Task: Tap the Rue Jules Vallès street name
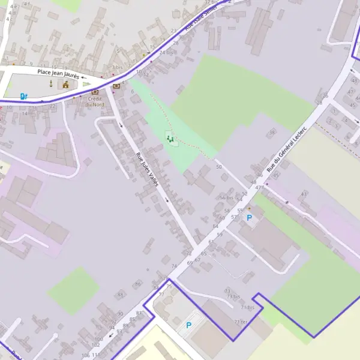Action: (147, 169)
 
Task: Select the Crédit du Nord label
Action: (95, 101)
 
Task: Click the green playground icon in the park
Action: (170, 139)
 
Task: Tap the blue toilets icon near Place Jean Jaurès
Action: (24, 95)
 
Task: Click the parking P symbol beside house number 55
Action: (250, 217)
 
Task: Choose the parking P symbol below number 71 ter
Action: (189, 325)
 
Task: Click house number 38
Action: (272, 133)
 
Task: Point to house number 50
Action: (219, 166)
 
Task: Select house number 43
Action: (304, 194)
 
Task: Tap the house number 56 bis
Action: (226, 197)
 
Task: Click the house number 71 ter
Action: (240, 322)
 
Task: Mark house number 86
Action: (138, 284)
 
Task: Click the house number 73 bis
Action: (233, 297)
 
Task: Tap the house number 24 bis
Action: (166, 53)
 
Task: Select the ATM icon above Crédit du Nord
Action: (95, 92)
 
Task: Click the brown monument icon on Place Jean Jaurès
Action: (65, 84)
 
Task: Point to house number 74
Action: (174, 266)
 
